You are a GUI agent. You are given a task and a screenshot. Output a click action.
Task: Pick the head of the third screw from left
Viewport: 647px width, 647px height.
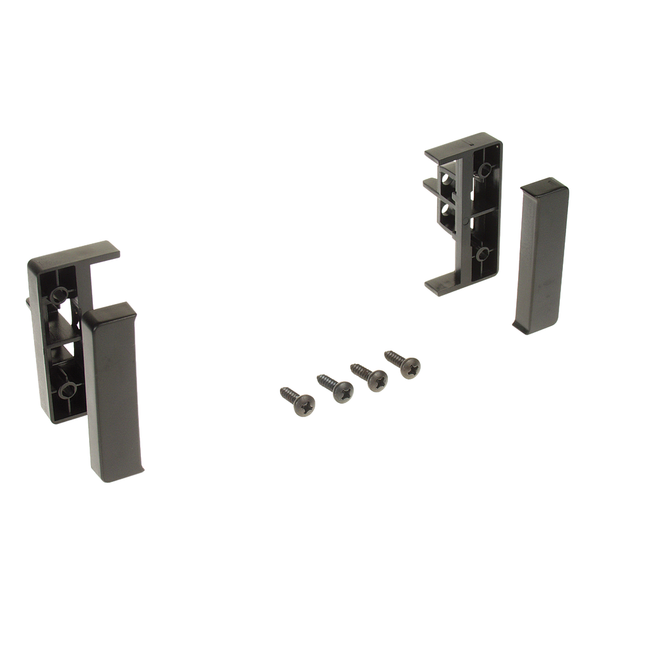coord(377,380)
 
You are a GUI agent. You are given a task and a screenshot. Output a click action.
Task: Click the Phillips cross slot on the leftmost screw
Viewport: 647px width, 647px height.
coord(304,406)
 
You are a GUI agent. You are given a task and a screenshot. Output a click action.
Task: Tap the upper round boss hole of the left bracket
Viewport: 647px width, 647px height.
coord(59,293)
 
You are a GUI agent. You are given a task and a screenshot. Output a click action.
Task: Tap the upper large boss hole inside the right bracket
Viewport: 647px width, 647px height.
coord(485,169)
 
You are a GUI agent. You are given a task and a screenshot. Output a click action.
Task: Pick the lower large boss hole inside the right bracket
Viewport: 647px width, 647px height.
coord(483,254)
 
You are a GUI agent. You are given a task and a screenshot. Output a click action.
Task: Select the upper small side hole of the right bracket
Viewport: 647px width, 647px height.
coord(447,179)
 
